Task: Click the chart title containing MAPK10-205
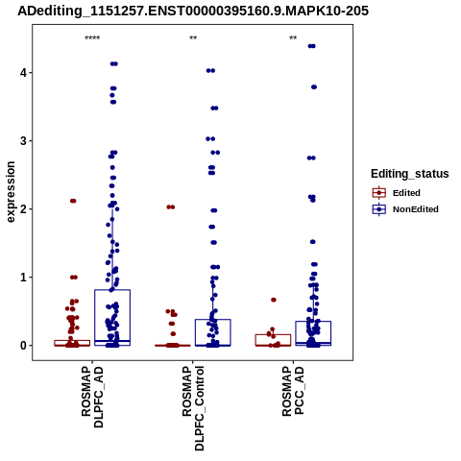point(193,11)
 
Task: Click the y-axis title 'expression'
point(11,192)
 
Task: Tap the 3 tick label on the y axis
point(23,141)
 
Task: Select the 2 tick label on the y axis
point(23,209)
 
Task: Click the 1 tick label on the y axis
point(23,278)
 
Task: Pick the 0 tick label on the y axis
point(23,346)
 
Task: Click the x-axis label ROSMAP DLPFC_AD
point(92,397)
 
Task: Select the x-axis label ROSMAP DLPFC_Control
point(193,408)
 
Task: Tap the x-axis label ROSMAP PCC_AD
point(293,391)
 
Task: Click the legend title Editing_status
point(410,174)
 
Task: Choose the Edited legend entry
point(396,193)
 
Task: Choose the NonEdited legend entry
point(405,209)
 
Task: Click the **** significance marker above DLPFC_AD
point(92,38)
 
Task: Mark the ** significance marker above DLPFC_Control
point(193,38)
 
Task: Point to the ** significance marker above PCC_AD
point(293,38)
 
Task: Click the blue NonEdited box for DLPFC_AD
point(112,290)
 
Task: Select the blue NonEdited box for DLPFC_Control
point(213,320)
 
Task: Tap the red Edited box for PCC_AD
point(273,335)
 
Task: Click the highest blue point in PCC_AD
point(311,46)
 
